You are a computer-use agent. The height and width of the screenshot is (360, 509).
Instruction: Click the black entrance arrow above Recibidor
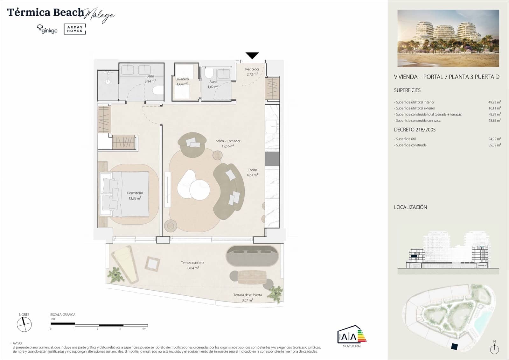tap(252, 56)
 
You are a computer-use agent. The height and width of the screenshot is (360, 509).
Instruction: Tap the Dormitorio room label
tap(135, 193)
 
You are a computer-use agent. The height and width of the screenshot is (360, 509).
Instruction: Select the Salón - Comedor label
tap(228, 141)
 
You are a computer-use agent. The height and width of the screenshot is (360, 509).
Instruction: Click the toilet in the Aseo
tap(209, 74)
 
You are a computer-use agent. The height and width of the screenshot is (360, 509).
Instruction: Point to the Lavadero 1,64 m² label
tap(182, 81)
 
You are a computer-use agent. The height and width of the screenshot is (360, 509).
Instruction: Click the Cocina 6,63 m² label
tap(253, 173)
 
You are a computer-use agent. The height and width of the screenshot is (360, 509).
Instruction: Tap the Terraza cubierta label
tap(192, 263)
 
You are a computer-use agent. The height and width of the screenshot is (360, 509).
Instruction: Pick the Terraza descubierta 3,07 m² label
tap(247, 297)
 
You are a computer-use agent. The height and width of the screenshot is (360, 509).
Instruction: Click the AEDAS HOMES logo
tap(75, 29)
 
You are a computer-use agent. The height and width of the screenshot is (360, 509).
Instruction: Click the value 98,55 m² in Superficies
tap(494, 121)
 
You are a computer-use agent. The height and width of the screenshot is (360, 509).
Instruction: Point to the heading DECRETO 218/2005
tap(415, 130)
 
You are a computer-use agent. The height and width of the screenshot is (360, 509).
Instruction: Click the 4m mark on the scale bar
tap(144, 328)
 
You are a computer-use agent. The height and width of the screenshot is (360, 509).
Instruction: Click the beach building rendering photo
tap(448, 38)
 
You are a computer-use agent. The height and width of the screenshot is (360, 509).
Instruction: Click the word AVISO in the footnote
tap(17, 343)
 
